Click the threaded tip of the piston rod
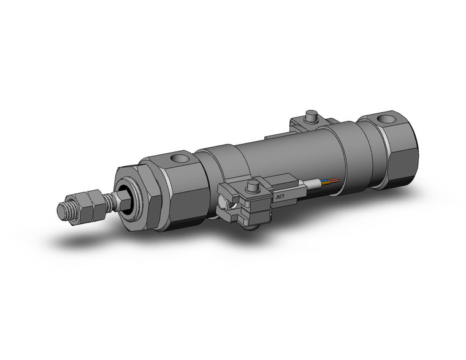tap(63, 209)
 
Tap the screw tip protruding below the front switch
tap(252, 229)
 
